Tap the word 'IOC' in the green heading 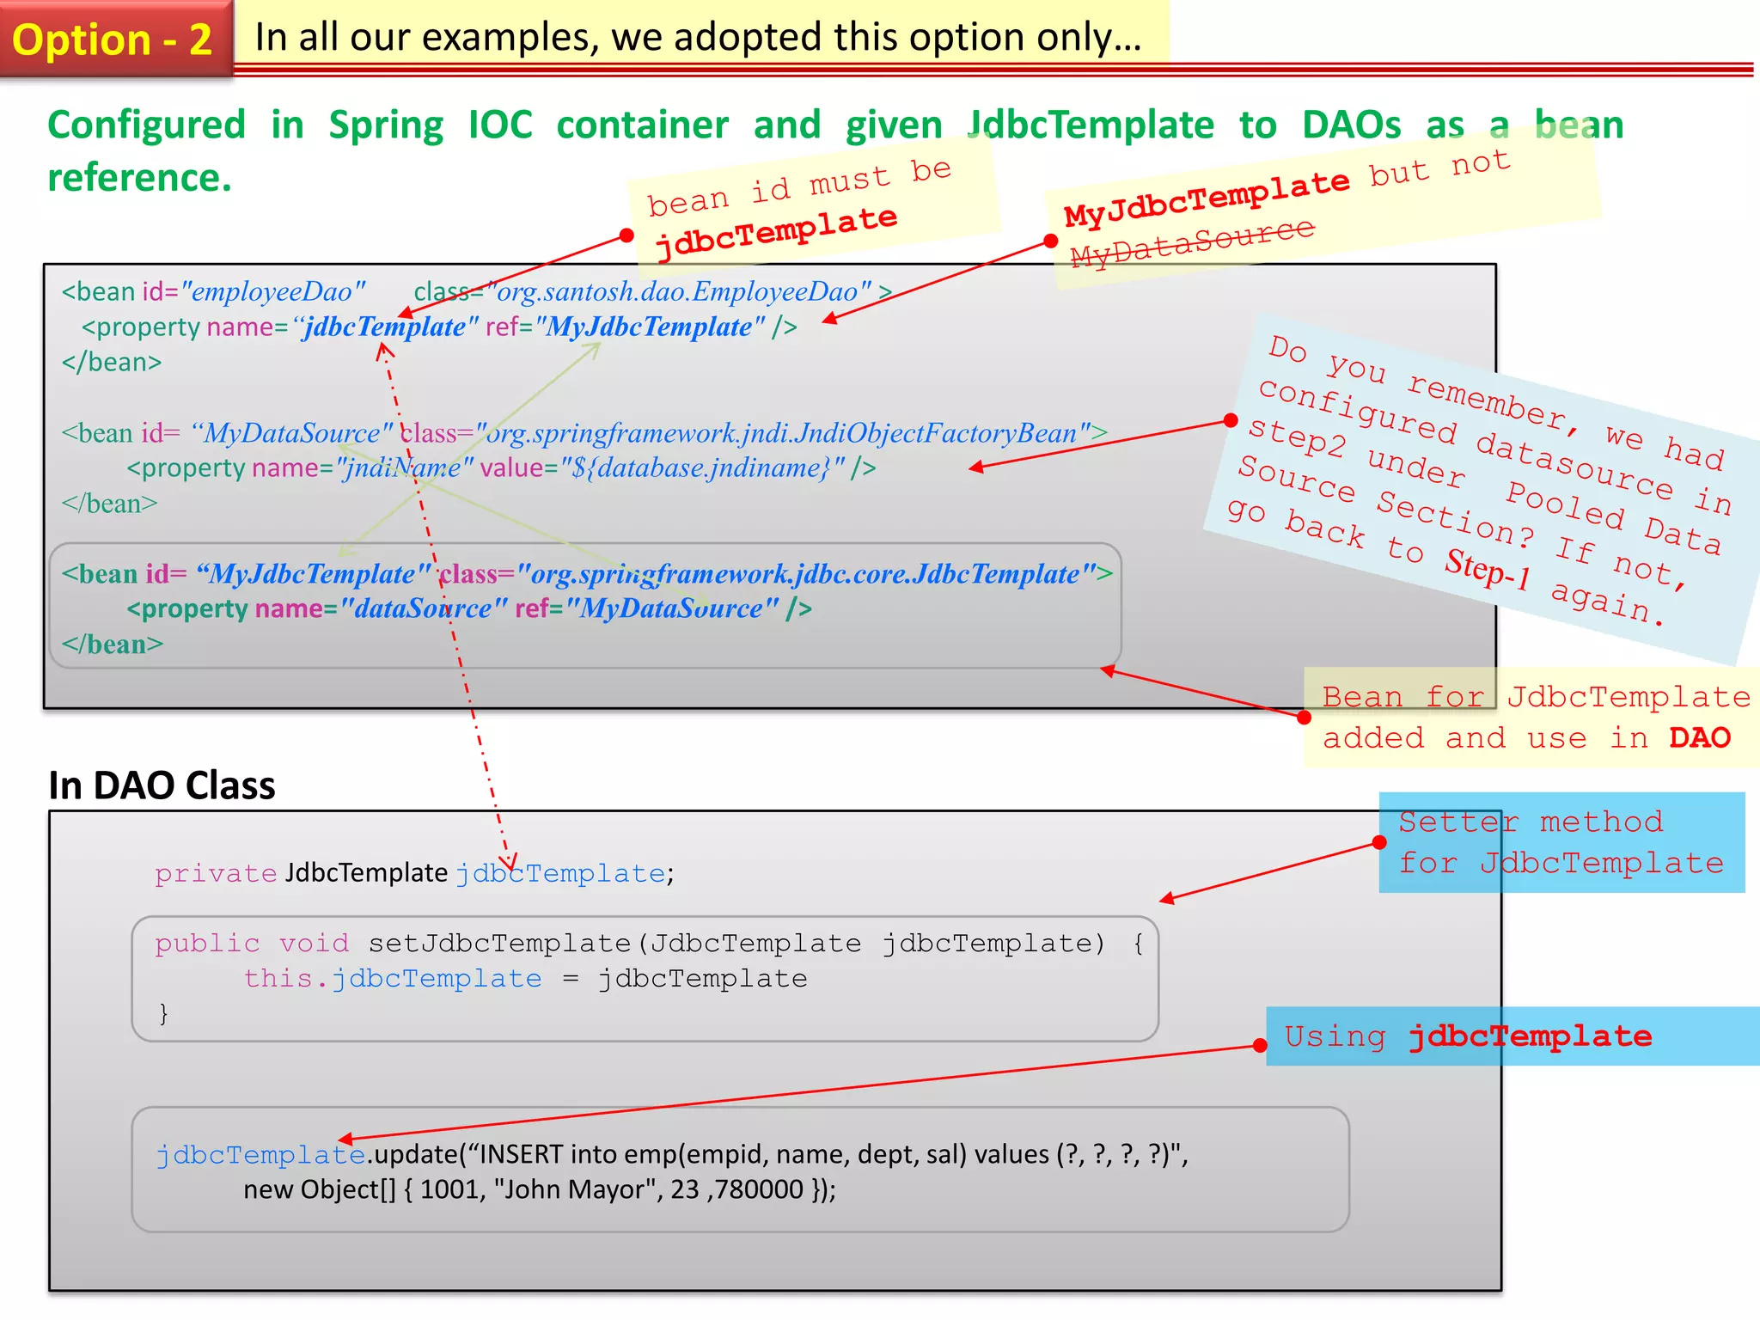500,125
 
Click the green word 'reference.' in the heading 139,178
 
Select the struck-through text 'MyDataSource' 1192,242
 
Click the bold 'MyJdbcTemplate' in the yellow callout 1207,198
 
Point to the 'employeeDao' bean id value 272,292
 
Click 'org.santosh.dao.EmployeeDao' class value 678,292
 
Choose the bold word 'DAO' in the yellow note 1699,738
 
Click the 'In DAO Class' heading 162,785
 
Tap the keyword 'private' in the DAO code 215,874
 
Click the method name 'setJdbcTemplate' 499,944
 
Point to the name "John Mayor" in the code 574,1190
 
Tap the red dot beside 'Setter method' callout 1379,842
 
